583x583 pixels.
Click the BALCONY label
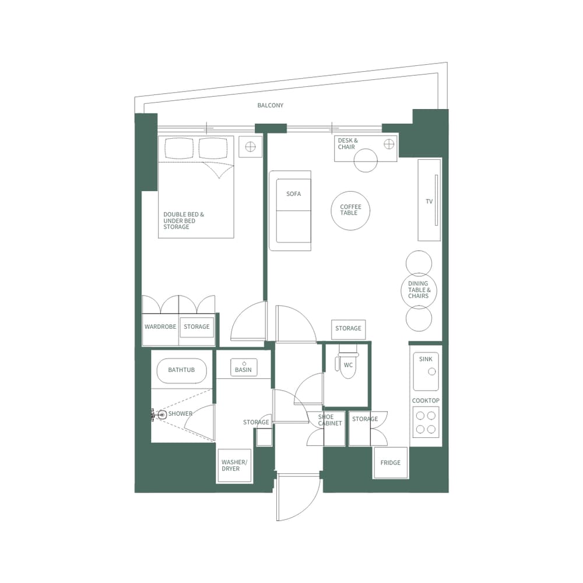[x=271, y=106]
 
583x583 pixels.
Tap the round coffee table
[x=350, y=210]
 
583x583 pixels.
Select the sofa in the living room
[x=290, y=210]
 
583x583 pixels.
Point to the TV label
[x=429, y=202]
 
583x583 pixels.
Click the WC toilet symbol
[x=347, y=364]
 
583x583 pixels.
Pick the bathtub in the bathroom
[x=181, y=370]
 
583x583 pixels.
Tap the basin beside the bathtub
[x=243, y=367]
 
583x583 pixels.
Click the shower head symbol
[x=161, y=414]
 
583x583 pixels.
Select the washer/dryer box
[x=234, y=465]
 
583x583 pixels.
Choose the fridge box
[x=391, y=463]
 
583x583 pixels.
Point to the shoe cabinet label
[x=330, y=420]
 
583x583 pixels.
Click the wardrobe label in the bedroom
[x=160, y=327]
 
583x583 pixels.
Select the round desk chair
[x=366, y=160]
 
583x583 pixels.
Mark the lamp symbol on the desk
[x=389, y=144]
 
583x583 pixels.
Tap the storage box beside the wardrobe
[x=196, y=327]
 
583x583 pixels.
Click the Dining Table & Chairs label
[x=419, y=290]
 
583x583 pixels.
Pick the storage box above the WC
[x=348, y=329]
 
